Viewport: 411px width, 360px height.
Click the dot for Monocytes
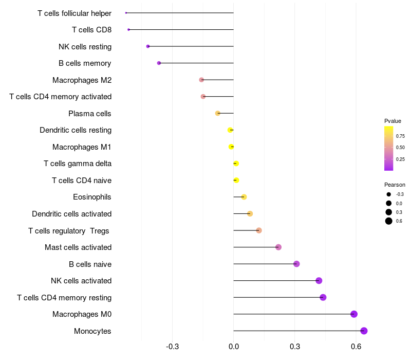(364, 331)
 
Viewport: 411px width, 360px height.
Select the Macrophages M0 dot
(353, 314)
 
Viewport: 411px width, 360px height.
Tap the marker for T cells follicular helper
(126, 13)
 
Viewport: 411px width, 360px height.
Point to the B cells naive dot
(296, 264)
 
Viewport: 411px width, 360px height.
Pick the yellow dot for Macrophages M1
(231, 147)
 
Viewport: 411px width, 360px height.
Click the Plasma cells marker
(218, 113)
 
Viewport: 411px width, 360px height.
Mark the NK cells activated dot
(319, 281)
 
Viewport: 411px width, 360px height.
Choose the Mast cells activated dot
(278, 247)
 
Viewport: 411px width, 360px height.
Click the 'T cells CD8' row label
(91, 30)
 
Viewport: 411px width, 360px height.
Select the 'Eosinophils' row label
(92, 197)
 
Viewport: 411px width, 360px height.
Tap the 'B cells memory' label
(85, 63)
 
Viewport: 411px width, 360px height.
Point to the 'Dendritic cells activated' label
(71, 214)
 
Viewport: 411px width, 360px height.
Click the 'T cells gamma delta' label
(78, 164)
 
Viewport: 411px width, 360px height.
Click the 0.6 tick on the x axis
(356, 347)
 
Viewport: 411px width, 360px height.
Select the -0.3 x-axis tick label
(173, 347)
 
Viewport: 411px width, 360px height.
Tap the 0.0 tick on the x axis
(234, 347)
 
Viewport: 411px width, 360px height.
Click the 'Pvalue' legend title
(393, 121)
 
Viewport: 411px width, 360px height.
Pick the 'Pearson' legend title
(395, 185)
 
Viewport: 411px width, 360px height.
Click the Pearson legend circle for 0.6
(389, 221)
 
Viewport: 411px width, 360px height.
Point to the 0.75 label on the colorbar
(400, 136)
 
